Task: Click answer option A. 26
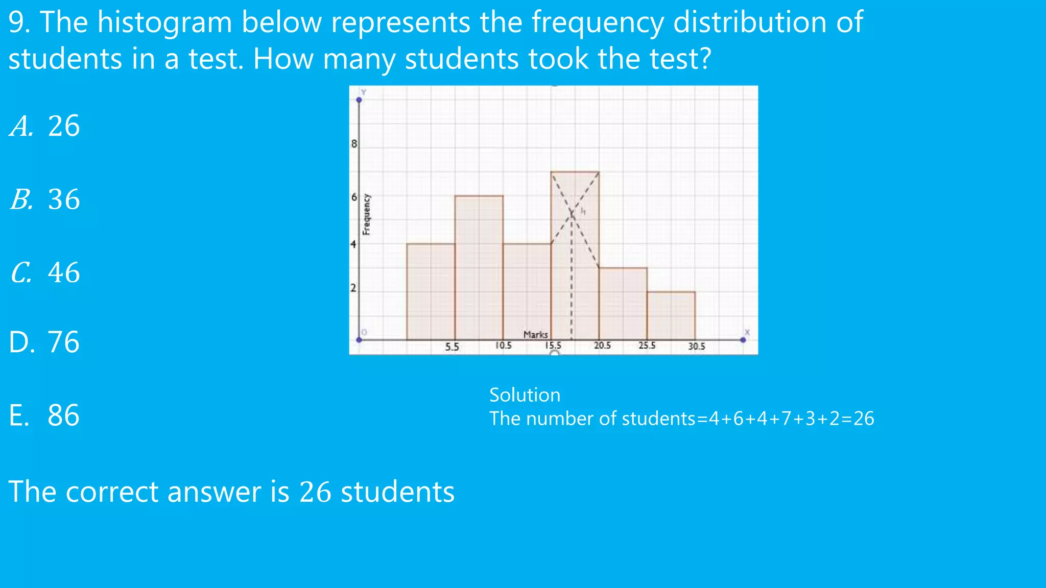45,126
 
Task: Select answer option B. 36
45,199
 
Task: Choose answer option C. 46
45,273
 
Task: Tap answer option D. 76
44,342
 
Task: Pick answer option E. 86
44,415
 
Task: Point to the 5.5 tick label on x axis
452,347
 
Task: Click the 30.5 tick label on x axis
696,347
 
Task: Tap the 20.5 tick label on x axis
602,346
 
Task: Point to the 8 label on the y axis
354,144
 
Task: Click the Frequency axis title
367,214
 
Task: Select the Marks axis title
535,335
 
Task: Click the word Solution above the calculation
525,395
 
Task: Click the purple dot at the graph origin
359,339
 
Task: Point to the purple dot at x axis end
743,339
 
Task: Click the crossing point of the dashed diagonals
573,214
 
